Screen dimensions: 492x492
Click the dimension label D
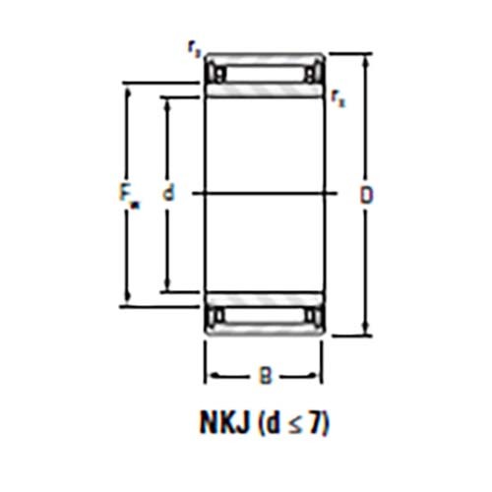[365, 195]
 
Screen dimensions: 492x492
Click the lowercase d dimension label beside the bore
[168, 195]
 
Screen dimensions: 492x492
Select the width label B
[263, 375]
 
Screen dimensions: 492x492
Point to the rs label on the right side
[338, 96]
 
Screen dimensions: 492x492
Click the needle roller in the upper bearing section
[263, 74]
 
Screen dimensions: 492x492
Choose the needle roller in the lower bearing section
[263, 316]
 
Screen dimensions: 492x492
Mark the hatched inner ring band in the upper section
[263, 91]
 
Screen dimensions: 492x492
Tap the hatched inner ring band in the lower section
[263, 299]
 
